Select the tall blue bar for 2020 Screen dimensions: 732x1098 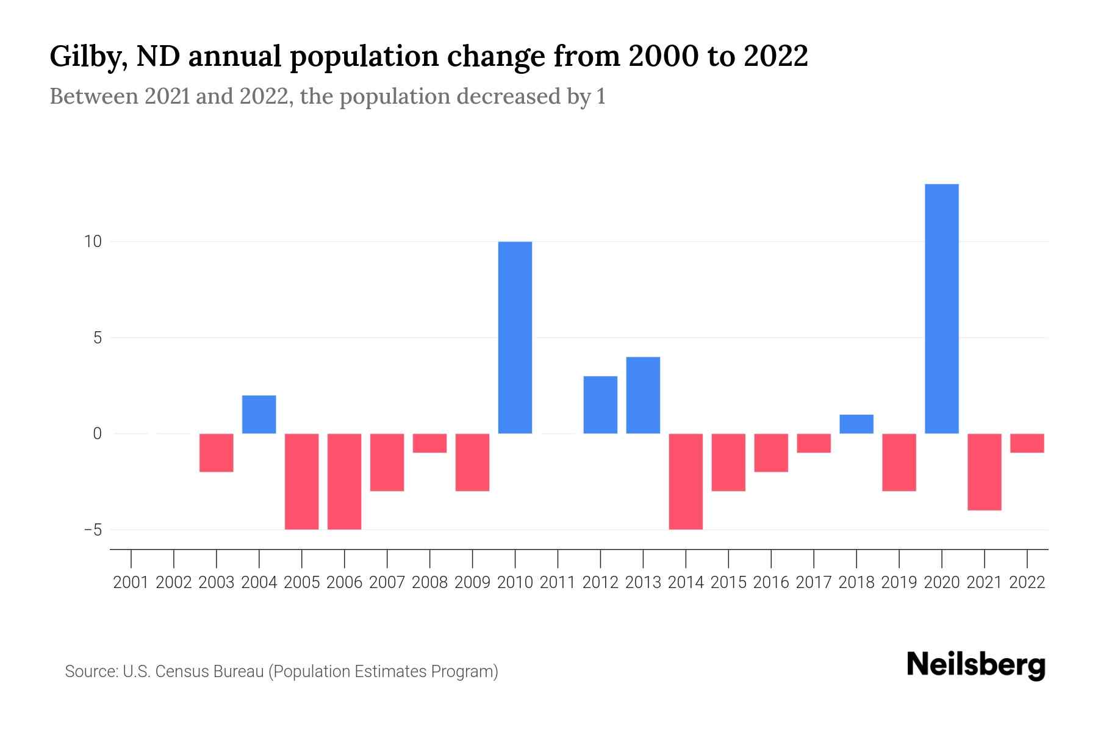pos(942,309)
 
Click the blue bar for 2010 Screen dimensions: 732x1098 pos(515,337)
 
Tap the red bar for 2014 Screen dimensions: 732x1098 pos(686,481)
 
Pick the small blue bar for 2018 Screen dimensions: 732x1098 pos(856,424)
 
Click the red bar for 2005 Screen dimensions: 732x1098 pos(302,481)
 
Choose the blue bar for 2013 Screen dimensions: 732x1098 pos(643,395)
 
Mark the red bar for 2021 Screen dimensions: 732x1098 pos(985,472)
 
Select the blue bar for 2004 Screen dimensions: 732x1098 pos(259,414)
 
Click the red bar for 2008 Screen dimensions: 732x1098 pos(430,443)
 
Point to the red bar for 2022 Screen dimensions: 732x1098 pos(1027,443)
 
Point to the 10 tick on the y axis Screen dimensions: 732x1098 pos(93,242)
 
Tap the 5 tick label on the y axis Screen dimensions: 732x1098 pos(98,337)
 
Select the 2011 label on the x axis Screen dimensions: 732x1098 pos(558,583)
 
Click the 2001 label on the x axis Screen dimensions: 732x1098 pos(131,583)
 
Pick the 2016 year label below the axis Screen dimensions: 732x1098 pos(771,583)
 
